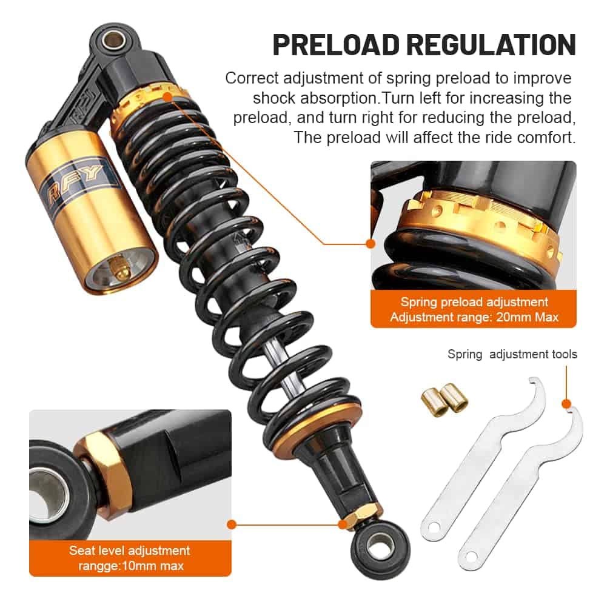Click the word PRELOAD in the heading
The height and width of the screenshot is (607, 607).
tap(336, 45)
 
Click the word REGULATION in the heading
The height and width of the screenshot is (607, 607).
tap(491, 45)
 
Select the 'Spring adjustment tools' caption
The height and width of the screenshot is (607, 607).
tap(512, 354)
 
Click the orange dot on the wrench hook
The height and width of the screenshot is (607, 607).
tap(566, 404)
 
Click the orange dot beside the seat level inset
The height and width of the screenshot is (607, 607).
tap(232, 525)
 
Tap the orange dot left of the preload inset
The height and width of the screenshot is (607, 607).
tap(371, 244)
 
